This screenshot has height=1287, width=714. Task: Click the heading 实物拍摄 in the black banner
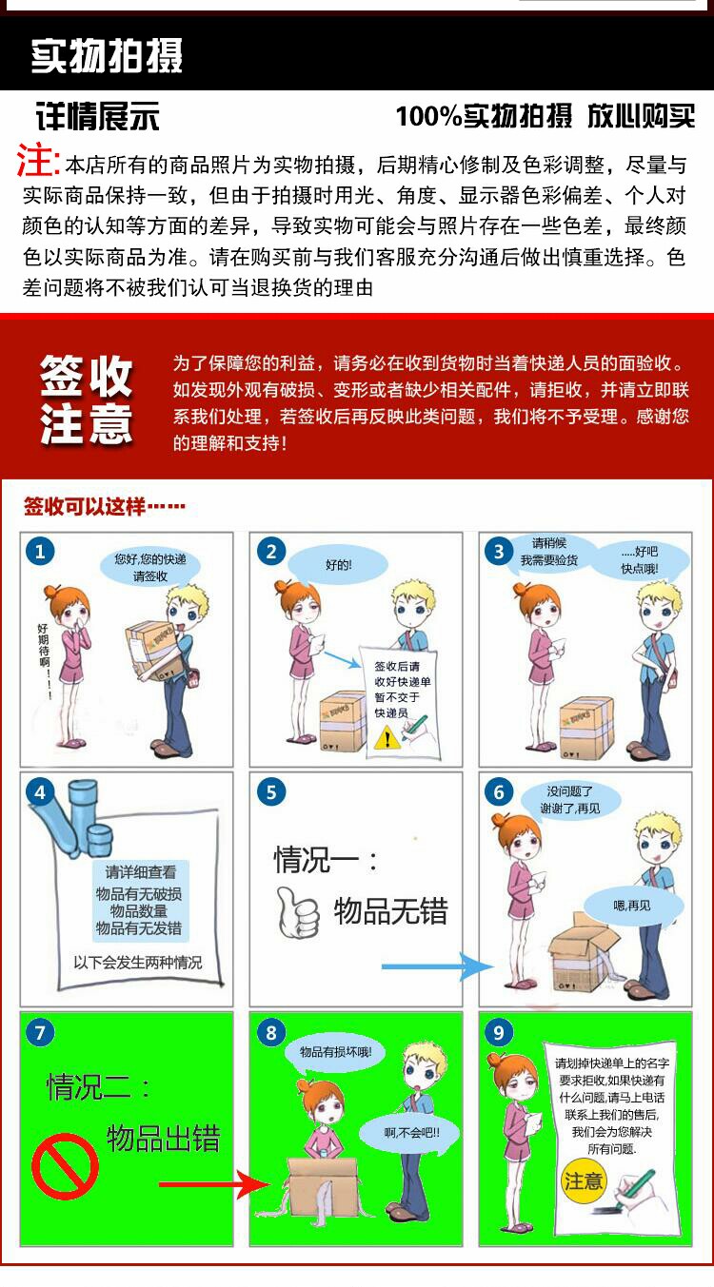107,56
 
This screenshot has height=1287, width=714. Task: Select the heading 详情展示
97,117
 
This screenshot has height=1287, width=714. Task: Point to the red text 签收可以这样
85,506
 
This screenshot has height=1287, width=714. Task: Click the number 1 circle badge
40,552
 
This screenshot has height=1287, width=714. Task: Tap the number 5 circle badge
271,791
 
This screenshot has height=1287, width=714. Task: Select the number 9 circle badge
499,1032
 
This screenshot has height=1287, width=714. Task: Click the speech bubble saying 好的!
338,565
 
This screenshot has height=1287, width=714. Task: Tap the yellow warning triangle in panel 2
387,737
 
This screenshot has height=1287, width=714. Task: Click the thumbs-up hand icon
297,911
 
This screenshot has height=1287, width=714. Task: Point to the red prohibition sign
65,1166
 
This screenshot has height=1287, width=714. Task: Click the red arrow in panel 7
215,1184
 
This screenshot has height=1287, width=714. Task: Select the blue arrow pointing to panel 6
438,967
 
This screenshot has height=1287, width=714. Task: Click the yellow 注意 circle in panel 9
583,1180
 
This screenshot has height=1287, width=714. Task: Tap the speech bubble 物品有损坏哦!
336,1052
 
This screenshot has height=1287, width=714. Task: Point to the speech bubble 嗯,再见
632,907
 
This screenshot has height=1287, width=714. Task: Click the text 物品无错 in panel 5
391,911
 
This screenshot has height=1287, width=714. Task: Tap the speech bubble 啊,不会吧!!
411,1133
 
